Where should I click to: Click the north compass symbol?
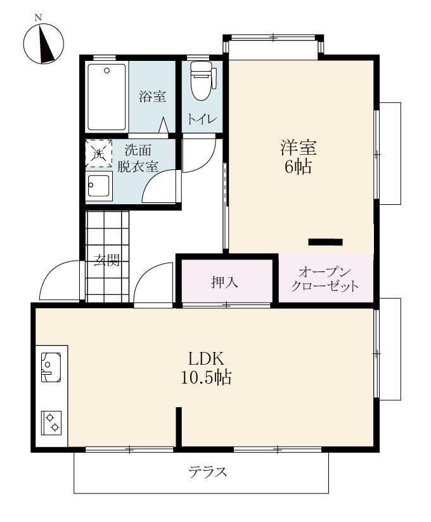(44, 43)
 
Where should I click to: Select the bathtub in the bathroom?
(106, 97)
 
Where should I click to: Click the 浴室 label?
(152, 96)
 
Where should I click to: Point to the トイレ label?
(202, 119)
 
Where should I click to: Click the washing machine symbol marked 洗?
(98, 153)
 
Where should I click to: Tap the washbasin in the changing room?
(99, 185)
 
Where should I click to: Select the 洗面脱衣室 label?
(138, 159)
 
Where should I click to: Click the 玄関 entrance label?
(106, 260)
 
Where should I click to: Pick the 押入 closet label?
(225, 282)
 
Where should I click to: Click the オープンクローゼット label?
(325, 279)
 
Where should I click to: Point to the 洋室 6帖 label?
(299, 157)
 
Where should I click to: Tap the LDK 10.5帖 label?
(206, 369)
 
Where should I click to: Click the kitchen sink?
(51, 367)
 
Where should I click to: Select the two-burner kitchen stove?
(51, 423)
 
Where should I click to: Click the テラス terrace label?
(208, 472)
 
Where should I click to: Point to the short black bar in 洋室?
(326, 242)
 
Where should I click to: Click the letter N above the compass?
(39, 18)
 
